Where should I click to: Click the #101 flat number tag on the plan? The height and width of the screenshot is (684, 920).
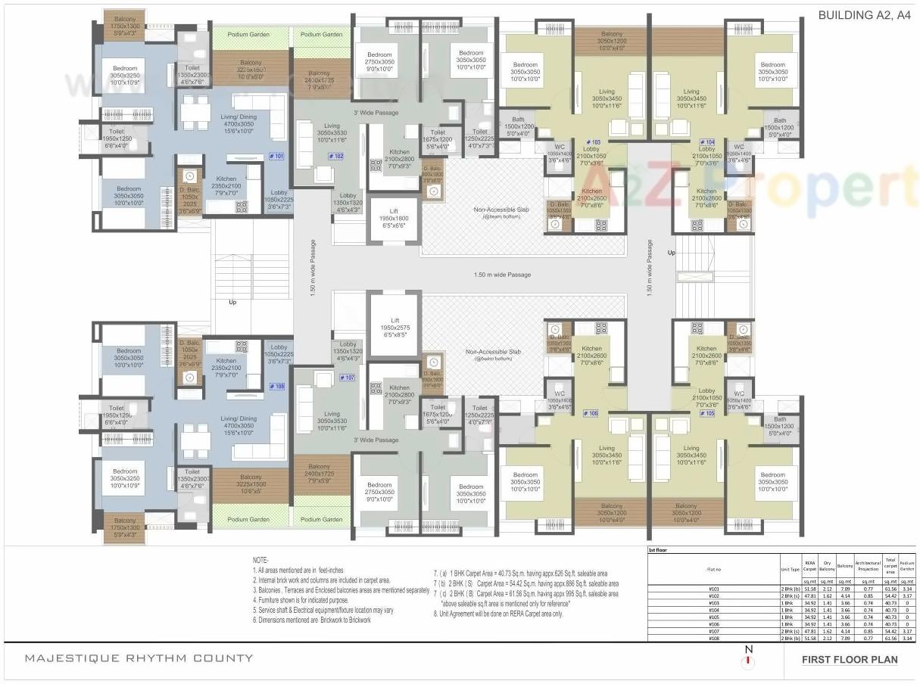276,156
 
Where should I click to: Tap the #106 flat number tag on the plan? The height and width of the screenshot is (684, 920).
591,413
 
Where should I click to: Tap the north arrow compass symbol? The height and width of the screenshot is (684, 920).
749,658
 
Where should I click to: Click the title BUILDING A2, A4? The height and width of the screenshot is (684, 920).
865,14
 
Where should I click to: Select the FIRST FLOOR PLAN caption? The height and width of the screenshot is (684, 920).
850,660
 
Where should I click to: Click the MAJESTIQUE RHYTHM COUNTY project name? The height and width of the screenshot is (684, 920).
139,658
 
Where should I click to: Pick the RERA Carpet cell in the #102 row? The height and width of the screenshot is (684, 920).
809,595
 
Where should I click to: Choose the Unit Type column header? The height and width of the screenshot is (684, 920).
791,569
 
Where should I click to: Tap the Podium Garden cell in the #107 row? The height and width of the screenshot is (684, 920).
906,630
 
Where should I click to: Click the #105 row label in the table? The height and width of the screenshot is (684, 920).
713,617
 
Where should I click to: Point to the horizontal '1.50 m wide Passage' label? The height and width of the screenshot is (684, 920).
502,275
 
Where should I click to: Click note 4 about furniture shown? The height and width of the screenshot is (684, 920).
307,599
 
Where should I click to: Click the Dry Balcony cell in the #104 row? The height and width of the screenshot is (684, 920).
828,609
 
